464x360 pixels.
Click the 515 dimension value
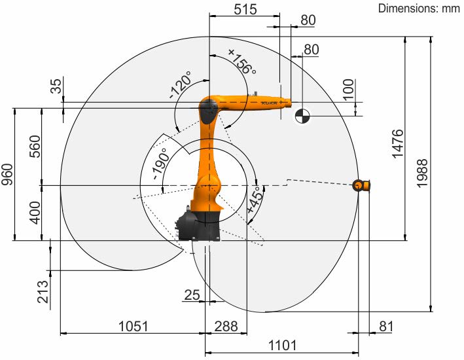pos(245,9)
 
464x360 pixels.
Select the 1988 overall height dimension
pos(422,173)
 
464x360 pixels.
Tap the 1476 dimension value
pos(398,143)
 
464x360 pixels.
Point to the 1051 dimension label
pos(133,326)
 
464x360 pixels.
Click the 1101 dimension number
pos(282,345)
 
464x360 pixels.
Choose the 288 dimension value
pos(226,326)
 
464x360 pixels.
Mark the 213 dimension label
pos(43,292)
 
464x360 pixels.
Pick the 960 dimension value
pos(7,174)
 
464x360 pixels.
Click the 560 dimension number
pos(35,146)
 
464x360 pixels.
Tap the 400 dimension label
pos(35,213)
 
